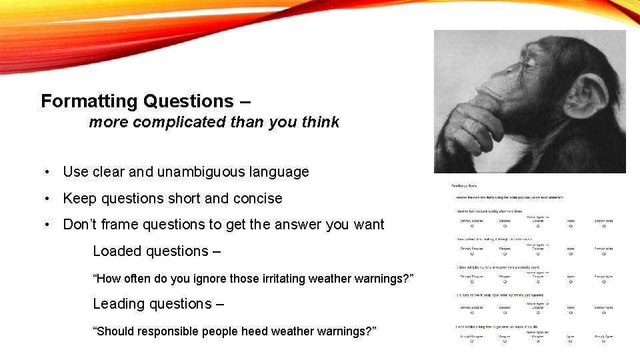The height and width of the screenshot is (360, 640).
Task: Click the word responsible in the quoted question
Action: point(170,331)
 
